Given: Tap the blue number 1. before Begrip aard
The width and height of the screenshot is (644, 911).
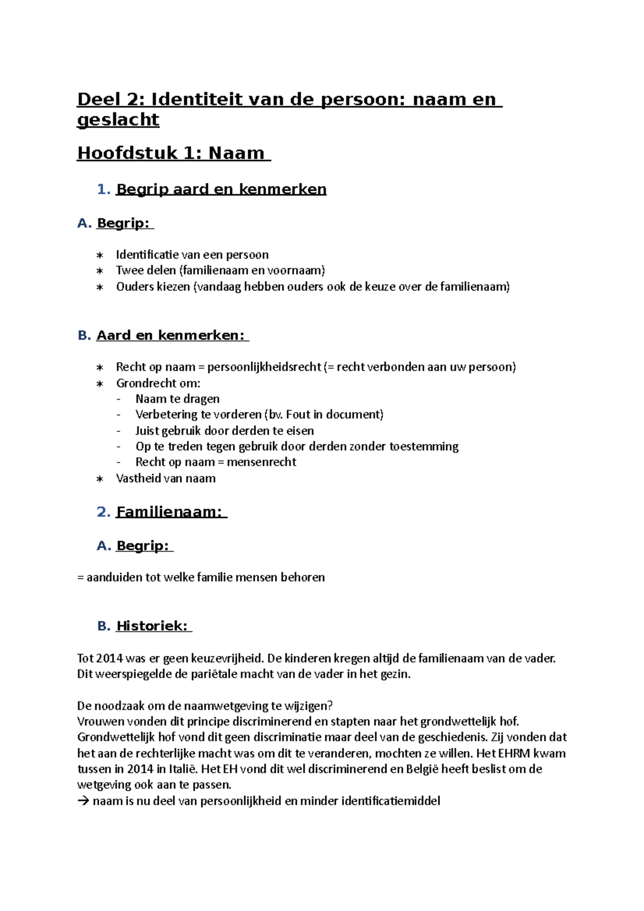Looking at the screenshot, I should click(x=104, y=189).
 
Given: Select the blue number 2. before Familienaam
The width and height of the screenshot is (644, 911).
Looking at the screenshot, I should click(x=104, y=512).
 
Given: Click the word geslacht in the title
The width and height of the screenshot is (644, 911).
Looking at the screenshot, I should click(x=118, y=120).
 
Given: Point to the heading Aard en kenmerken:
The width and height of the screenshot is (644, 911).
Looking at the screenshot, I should click(x=170, y=335).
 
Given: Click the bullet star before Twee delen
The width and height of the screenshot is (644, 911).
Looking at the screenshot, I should click(x=100, y=271).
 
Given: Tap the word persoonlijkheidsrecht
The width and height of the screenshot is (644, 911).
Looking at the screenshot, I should click(x=264, y=367).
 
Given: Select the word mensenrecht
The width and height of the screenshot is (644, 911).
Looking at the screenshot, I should click(x=261, y=462).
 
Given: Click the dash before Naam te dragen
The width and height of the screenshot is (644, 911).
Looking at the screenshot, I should click(x=119, y=399).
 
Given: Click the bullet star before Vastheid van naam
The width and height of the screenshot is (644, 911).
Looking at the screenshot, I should click(x=100, y=479).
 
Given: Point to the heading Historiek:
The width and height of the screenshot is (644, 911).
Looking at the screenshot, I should click(x=152, y=626).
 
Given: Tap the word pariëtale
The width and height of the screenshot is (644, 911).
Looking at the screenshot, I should click(x=214, y=674).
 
